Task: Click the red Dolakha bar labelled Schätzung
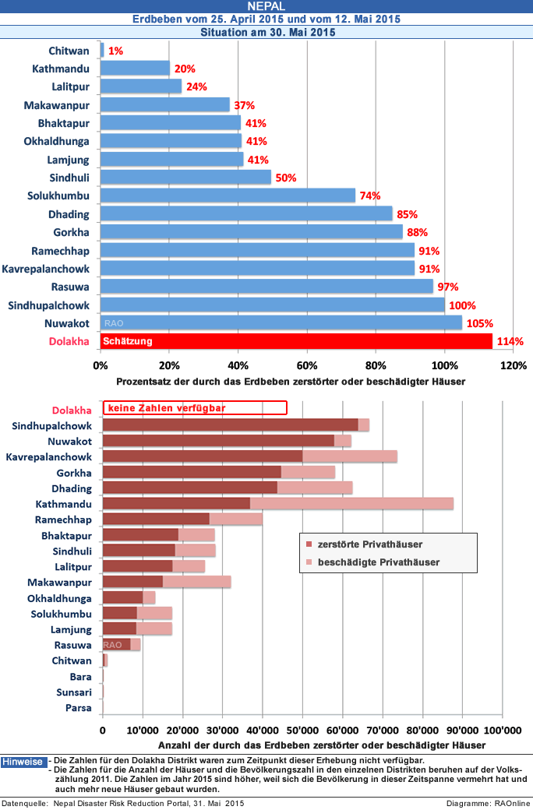pos(296,341)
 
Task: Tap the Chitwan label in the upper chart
pos(69,50)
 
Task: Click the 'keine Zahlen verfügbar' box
pos(195,407)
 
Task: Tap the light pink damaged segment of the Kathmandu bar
pos(351,504)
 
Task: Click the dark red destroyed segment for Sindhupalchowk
pos(230,424)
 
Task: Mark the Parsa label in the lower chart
pos(79,708)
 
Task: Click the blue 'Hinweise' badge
pos(23,762)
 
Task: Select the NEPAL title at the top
pos(266,6)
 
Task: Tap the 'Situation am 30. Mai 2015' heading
pos(267,33)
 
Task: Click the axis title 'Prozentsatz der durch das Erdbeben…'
pos(290,382)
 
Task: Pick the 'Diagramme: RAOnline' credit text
pos(488,803)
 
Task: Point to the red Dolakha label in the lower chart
pos(72,410)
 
